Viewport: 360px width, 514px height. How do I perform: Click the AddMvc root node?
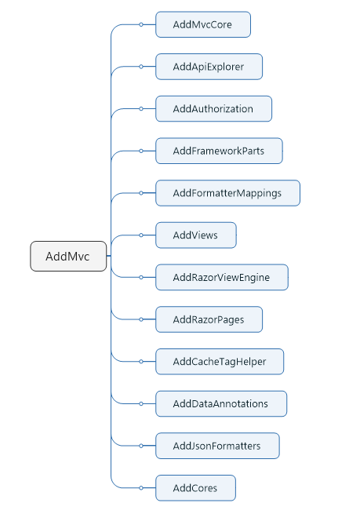68,257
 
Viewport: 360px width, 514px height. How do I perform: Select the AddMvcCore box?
203,24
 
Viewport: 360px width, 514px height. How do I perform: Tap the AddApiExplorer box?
209,67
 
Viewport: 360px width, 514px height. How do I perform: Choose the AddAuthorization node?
213,109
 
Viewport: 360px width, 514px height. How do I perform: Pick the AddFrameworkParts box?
219,151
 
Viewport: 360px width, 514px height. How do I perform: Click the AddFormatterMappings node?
227,193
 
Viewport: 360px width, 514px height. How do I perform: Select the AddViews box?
196,235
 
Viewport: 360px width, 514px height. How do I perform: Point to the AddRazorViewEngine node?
222,277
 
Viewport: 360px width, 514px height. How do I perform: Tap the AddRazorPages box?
209,319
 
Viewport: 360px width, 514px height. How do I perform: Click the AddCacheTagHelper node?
220,362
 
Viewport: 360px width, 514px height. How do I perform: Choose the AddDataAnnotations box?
221,403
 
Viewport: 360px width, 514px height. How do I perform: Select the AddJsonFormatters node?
217,446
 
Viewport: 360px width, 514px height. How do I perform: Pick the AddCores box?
195,488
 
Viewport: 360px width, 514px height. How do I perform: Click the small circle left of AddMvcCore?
141,24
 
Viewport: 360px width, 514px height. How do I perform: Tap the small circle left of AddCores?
141,488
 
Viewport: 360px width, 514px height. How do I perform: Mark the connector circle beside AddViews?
141,235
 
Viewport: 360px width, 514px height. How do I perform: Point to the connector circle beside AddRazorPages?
141,319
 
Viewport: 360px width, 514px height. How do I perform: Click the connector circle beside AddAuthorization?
141,109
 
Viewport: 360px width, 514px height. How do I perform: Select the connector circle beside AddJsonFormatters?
141,446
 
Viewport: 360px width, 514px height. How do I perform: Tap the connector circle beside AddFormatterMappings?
141,193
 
